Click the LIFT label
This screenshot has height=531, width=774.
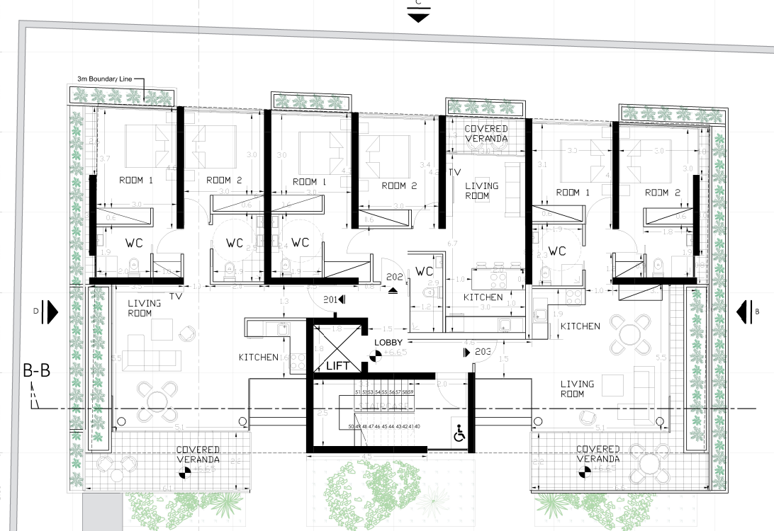click(337, 366)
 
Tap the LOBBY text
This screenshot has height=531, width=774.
click(388, 342)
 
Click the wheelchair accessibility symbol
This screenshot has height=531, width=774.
click(459, 433)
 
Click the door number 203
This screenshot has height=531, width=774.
click(483, 351)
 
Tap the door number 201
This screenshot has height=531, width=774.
click(330, 299)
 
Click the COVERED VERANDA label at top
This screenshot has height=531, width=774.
click(486, 134)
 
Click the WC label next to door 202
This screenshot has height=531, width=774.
click(425, 271)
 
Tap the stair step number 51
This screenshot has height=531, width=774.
click(358, 392)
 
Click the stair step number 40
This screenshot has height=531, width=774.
click(417, 426)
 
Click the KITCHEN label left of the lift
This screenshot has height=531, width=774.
click(258, 358)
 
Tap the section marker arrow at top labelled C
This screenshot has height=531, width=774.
click(417, 16)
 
